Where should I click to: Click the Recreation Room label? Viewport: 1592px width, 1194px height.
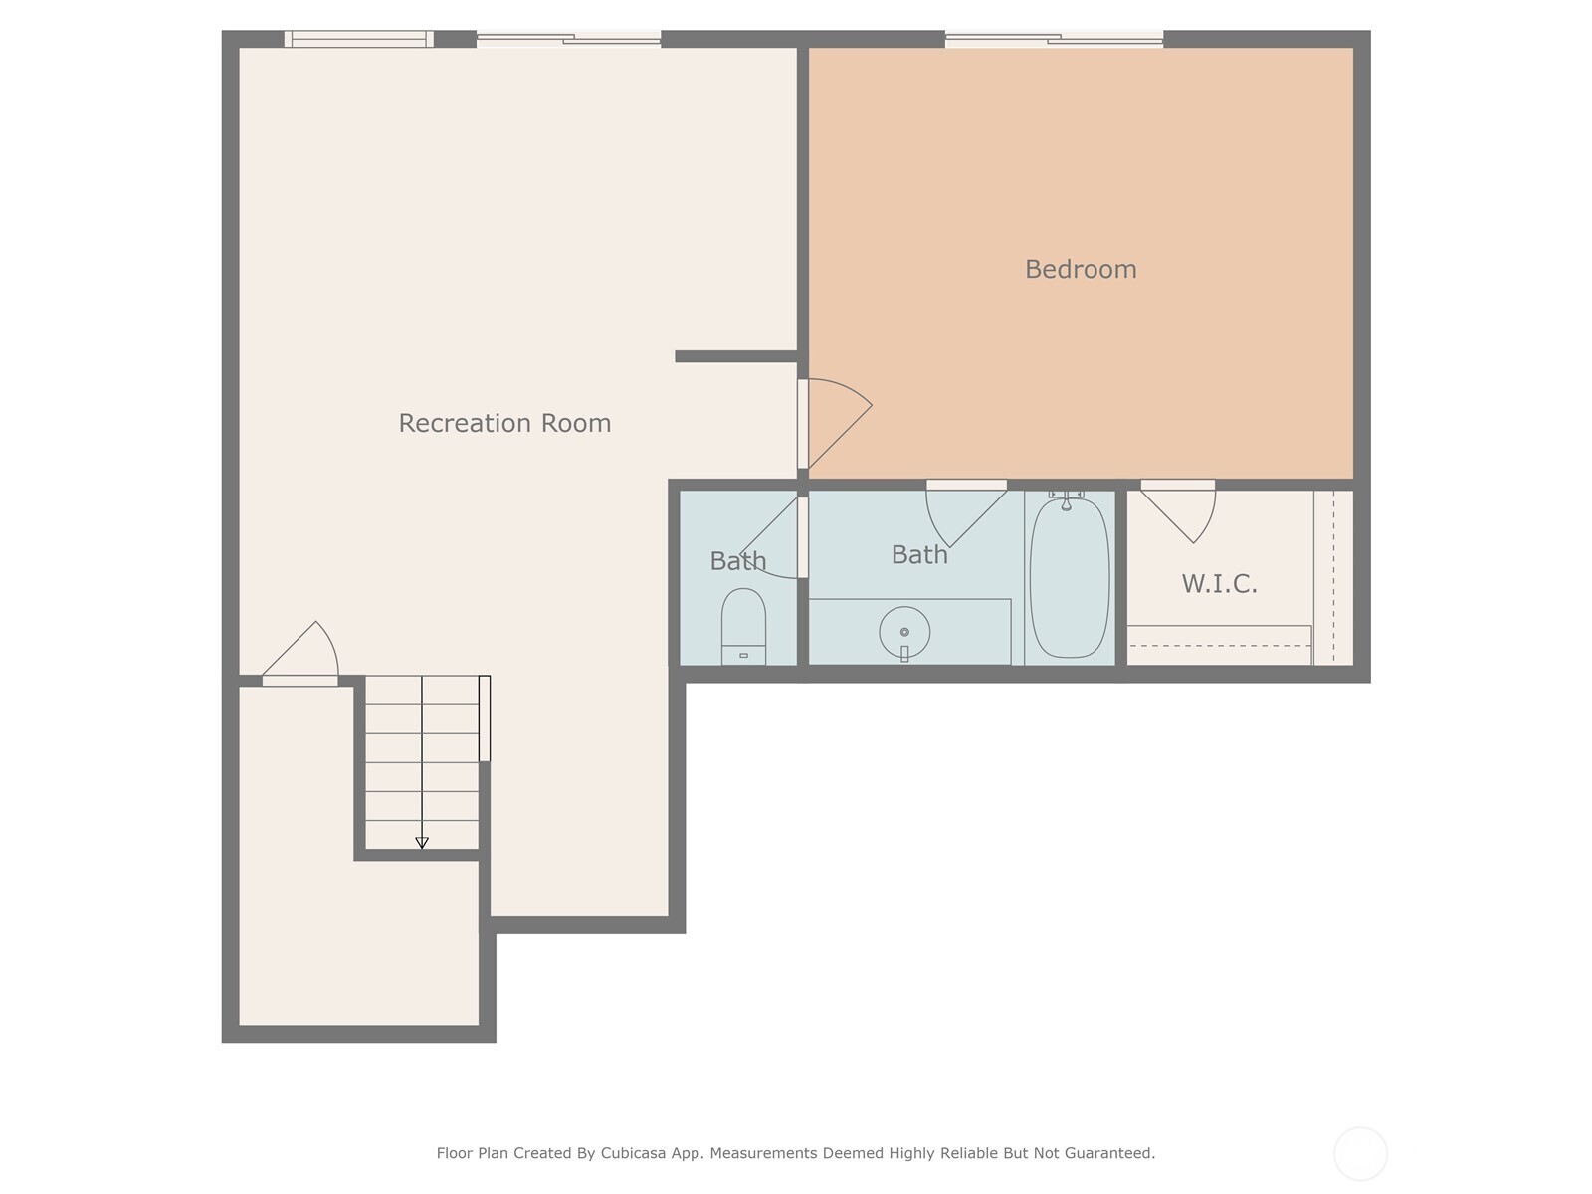pos(504,423)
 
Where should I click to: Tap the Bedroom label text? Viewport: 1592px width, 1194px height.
pos(1081,269)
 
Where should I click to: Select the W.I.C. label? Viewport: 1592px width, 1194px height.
pos(1219,584)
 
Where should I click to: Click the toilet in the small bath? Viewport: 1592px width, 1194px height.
pos(743,625)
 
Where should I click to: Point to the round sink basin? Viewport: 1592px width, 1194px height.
pos(904,632)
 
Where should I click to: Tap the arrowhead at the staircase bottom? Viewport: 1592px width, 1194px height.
pos(422,842)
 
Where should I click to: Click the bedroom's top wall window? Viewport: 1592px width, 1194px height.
pos(1054,40)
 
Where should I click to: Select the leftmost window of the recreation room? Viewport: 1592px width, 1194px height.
pos(358,40)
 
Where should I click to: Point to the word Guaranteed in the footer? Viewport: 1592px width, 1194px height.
pos(1109,1153)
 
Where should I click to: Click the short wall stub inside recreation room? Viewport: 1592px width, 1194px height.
pos(735,356)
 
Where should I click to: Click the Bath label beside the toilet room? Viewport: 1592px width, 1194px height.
pos(737,561)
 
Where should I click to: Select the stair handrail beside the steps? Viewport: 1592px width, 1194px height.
pos(485,718)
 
